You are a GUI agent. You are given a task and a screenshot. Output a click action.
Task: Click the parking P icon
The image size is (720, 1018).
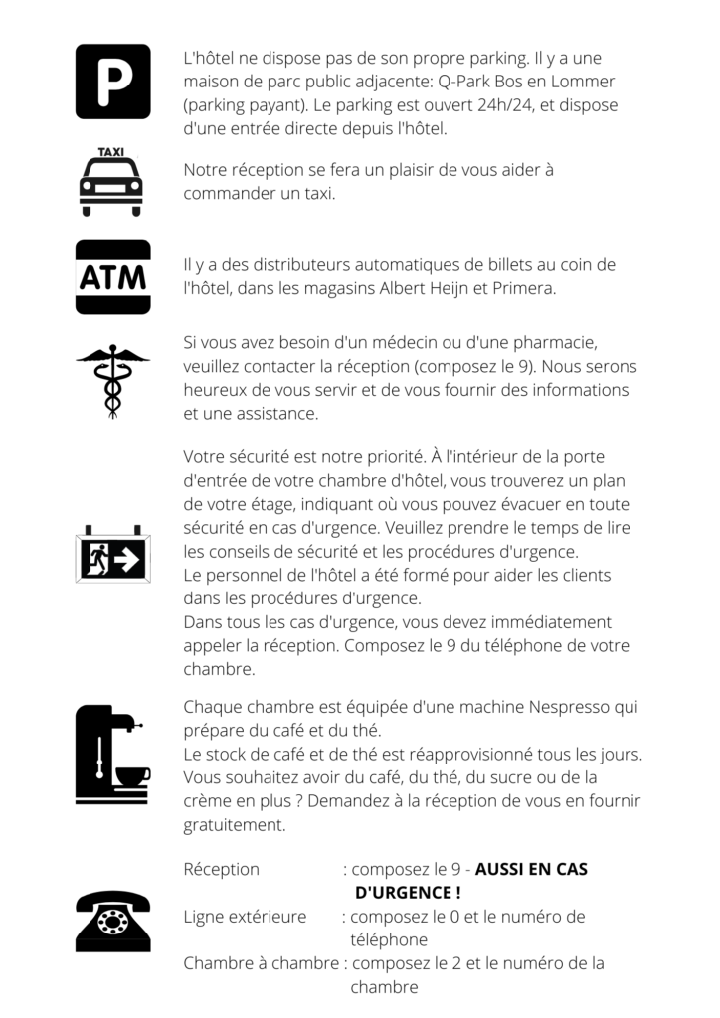point(113,82)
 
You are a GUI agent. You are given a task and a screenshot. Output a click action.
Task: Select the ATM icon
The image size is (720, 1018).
point(113,277)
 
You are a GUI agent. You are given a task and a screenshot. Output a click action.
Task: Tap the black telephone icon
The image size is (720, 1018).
point(113,922)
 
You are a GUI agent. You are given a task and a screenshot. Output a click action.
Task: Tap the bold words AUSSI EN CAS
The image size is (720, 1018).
point(531,869)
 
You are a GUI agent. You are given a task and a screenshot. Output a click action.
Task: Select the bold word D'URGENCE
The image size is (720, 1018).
point(402,893)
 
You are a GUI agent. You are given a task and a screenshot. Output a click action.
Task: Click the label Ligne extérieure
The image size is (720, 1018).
point(245,917)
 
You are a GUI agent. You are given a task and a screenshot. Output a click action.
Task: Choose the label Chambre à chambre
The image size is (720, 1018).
point(261,963)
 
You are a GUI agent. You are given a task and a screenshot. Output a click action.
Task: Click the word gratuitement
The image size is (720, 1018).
point(235,825)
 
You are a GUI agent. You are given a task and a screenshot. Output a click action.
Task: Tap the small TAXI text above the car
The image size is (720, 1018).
point(111,152)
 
